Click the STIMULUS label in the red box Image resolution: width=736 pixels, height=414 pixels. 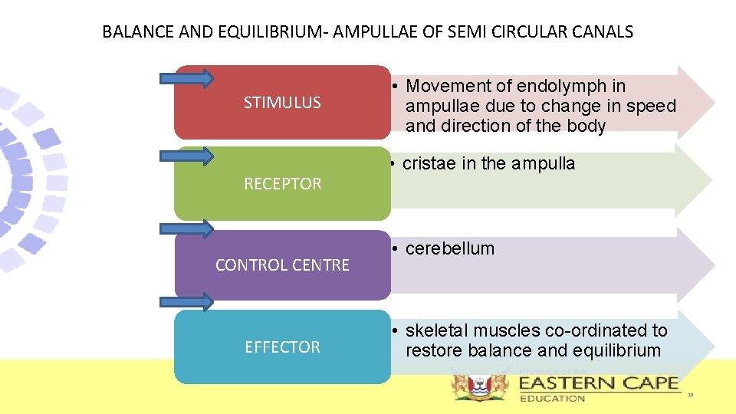pyautogui.click(x=282, y=103)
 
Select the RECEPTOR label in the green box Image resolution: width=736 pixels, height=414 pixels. pyautogui.click(x=282, y=184)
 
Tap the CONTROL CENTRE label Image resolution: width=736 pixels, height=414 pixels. pyautogui.click(x=282, y=265)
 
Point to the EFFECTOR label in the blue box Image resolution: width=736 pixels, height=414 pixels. pyautogui.click(x=282, y=347)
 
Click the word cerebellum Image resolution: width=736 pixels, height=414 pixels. pyautogui.click(x=450, y=248)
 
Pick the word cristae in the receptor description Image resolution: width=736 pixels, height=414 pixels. pyautogui.click(x=428, y=163)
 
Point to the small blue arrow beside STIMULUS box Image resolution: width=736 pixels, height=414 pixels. pyautogui.click(x=186, y=77)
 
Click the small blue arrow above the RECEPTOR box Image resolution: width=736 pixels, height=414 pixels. pyautogui.click(x=186, y=156)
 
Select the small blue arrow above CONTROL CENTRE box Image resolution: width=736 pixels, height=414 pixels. pyautogui.click(x=186, y=228)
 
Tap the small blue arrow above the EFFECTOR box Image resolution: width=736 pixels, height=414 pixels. pyautogui.click(x=186, y=302)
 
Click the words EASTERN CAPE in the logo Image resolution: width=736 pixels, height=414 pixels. pyautogui.click(x=598, y=383)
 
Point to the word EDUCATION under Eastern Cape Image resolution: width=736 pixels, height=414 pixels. pyautogui.click(x=552, y=398)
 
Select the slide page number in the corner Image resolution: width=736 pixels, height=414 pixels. pyautogui.click(x=690, y=395)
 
